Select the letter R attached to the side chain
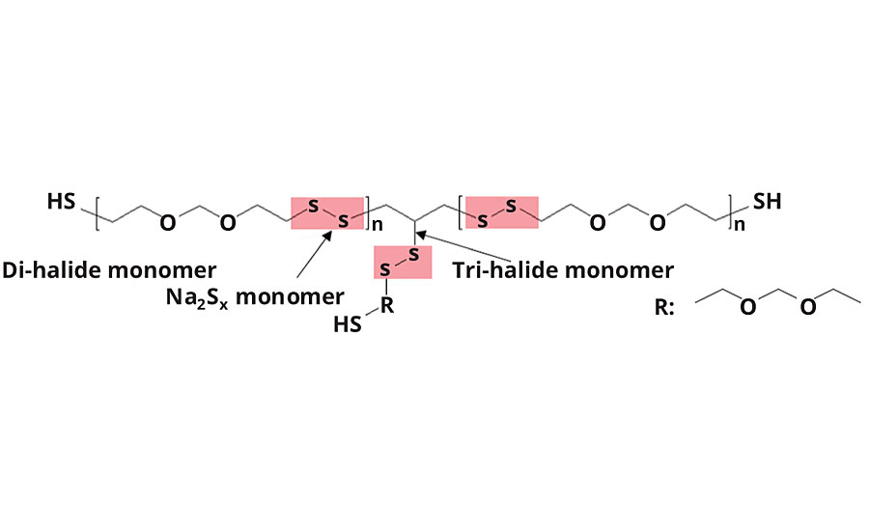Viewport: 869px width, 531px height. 386,307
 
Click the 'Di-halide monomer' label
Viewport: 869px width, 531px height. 109,268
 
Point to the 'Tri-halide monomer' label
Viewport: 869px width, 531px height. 563,268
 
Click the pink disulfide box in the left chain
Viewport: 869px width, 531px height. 327,212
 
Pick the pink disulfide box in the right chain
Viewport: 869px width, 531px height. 501,212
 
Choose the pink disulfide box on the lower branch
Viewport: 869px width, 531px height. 402,262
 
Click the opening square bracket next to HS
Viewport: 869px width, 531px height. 98,212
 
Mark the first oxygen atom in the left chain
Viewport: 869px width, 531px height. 168,224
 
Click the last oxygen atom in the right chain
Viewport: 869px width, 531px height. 659,224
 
